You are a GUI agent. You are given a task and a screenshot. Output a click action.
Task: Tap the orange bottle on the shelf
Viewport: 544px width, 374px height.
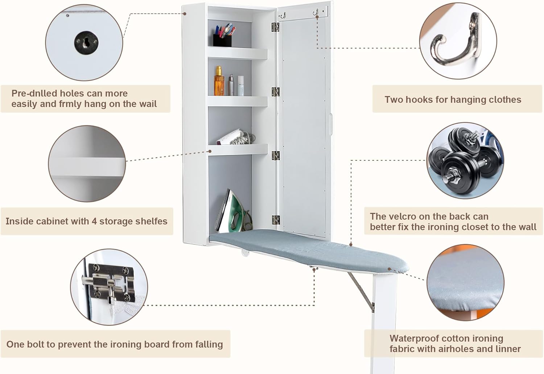[x=219, y=81]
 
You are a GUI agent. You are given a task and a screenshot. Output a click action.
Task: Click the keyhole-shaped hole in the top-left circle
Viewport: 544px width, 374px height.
[x=86, y=42]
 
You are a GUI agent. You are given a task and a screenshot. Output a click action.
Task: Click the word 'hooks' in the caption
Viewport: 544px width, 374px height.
[x=421, y=100]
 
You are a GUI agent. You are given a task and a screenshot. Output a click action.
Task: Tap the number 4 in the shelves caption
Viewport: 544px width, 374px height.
[x=94, y=221]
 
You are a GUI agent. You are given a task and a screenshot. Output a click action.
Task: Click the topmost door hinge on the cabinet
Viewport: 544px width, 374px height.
[x=275, y=27]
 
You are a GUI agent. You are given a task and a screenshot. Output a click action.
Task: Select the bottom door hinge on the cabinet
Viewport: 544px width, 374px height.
[x=276, y=219]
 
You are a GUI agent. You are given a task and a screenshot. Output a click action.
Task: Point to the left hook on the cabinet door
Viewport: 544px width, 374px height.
[x=283, y=16]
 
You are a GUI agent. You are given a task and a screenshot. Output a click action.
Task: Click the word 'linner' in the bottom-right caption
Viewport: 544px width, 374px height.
[x=506, y=349]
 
